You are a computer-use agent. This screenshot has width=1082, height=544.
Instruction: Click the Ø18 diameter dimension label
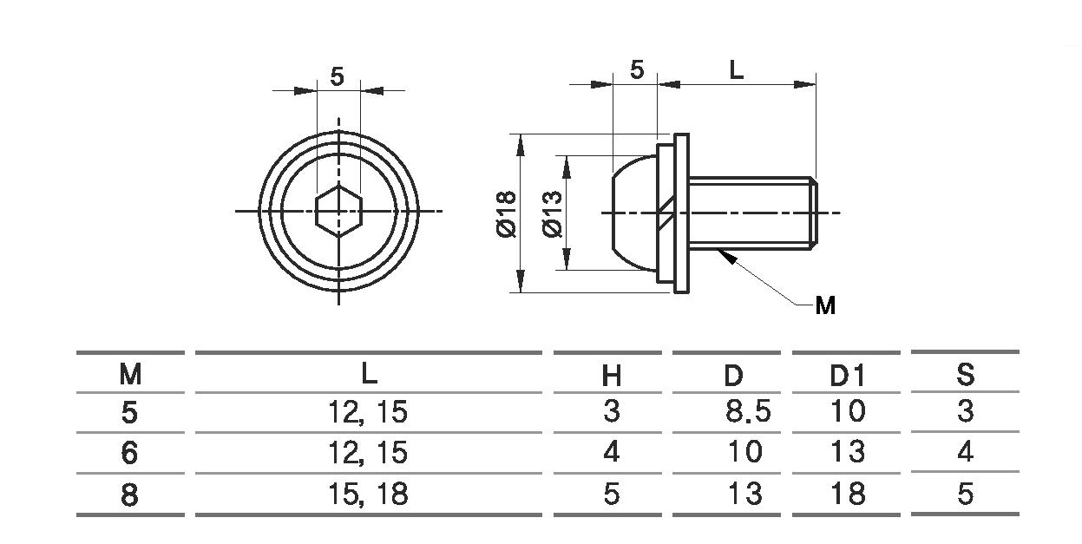tap(506, 214)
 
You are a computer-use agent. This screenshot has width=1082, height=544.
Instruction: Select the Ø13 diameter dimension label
tap(553, 213)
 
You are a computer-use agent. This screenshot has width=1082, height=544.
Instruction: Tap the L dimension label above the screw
tap(736, 70)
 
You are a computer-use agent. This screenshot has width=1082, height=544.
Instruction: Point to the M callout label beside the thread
tap(825, 305)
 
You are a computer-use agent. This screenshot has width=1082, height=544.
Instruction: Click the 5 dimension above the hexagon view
tap(338, 76)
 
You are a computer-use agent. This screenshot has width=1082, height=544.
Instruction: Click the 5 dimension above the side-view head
tap(637, 70)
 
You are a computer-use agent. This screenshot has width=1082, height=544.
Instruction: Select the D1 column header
tap(847, 376)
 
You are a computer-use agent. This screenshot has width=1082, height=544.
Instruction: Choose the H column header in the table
tap(611, 376)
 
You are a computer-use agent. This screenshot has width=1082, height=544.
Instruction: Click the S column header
tap(965, 375)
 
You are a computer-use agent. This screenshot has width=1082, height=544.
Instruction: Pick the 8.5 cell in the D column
tap(748, 411)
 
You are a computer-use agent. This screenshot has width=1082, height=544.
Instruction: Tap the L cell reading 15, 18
tap(368, 495)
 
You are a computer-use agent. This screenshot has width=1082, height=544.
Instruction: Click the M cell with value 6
tap(129, 453)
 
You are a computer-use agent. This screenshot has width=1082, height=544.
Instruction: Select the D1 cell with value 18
tap(848, 494)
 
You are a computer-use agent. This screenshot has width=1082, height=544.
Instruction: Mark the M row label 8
tap(129, 495)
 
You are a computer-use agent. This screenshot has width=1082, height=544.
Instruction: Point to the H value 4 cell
tap(611, 452)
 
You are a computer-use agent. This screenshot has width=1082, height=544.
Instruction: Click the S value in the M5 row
tap(965, 411)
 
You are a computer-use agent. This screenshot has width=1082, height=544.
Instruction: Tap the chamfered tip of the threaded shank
tap(814, 213)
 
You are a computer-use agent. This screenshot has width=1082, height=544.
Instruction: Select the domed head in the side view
tap(633, 213)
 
